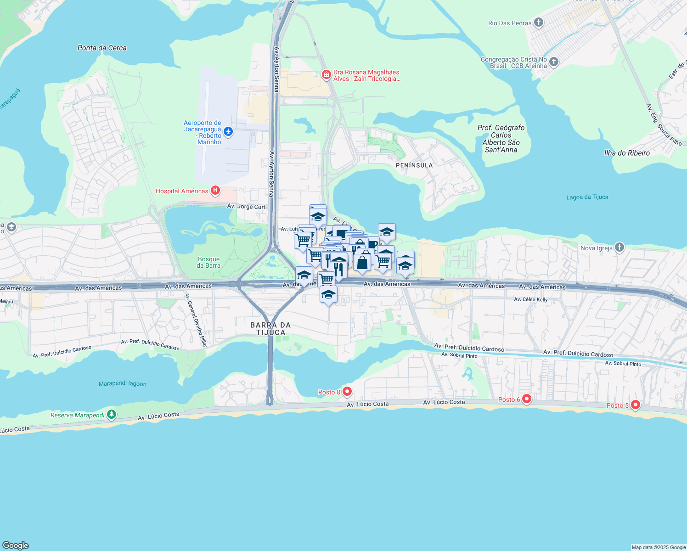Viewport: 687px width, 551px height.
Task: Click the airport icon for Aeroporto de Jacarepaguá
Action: [228, 132]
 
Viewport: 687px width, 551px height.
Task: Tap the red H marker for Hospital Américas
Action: [215, 191]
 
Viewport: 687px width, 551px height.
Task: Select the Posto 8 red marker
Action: [347, 392]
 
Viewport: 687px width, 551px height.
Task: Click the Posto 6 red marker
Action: [527, 399]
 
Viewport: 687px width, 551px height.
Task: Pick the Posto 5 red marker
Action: [636, 405]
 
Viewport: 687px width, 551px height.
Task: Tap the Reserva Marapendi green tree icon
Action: [112, 415]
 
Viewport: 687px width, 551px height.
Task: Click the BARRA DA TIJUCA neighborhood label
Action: [270, 328]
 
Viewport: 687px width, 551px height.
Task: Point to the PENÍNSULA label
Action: [414, 165]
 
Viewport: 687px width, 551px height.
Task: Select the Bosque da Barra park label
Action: [208, 262]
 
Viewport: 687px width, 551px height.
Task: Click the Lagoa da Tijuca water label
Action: [587, 197]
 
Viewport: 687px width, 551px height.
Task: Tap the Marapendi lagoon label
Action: [122, 383]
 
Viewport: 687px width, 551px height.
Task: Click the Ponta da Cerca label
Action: [102, 48]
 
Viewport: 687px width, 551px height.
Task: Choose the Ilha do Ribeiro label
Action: [627, 153]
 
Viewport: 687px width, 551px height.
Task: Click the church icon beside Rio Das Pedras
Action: [539, 22]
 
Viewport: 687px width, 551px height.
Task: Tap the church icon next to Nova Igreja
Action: [619, 247]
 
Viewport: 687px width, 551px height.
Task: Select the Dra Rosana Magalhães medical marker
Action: [327, 75]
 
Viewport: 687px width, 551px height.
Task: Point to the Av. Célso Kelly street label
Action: [530, 299]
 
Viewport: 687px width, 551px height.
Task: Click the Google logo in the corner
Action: [15, 545]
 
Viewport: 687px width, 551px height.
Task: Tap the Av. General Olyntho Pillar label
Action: [196, 320]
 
